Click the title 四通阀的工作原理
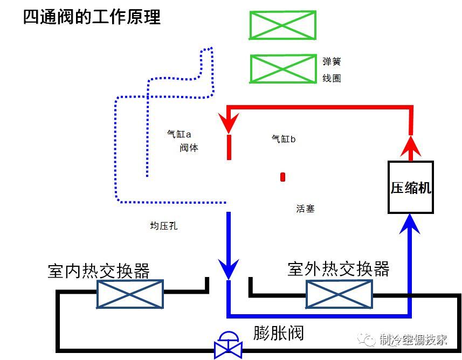[x=92, y=17]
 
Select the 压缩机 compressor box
[x=411, y=187]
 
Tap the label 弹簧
[x=332, y=62]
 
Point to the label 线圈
[x=332, y=78]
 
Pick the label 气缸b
[x=283, y=139]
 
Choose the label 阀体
[x=189, y=148]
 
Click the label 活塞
[x=305, y=208]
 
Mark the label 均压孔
[x=163, y=226]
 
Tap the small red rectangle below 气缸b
[x=282, y=177]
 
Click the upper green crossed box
[x=282, y=25]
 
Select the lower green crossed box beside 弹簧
[x=283, y=69]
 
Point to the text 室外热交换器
[x=339, y=268]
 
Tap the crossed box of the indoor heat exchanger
[x=130, y=294]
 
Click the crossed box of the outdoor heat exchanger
[x=338, y=294]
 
